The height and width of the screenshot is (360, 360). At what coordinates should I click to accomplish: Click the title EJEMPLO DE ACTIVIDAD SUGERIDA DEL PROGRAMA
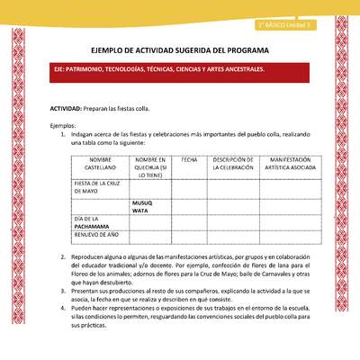pyautogui.click(x=180, y=53)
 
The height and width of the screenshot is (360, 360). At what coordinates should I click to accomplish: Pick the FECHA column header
pyautogui.click(x=189, y=159)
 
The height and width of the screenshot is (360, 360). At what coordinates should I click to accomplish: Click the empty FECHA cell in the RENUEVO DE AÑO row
pyautogui.click(x=189, y=237)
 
